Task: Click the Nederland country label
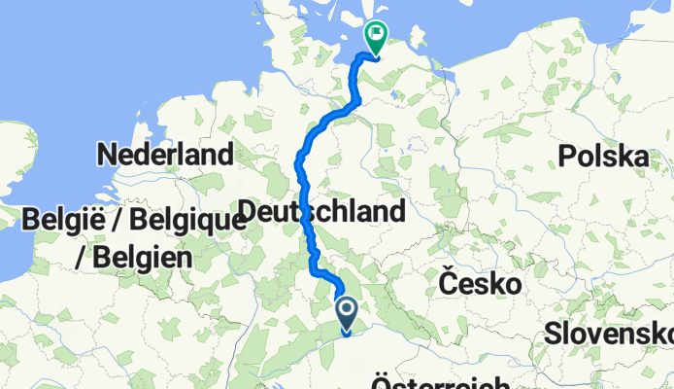coord(166,155)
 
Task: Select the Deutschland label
coord(320,211)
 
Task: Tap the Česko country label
coord(481,284)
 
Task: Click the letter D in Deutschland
coord(247,212)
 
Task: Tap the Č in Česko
coord(449,283)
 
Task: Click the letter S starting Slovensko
coord(552,333)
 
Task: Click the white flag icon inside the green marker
coord(377,33)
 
